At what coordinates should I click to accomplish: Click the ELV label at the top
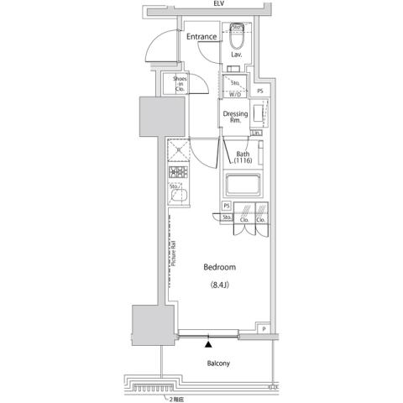pyautogui.click(x=218, y=4)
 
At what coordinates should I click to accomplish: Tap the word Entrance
pyautogui.click(x=202, y=37)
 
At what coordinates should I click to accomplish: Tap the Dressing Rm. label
pyautogui.click(x=235, y=117)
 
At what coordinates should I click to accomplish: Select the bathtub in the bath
pyautogui.click(x=243, y=184)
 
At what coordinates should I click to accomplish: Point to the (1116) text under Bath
pyautogui.click(x=243, y=160)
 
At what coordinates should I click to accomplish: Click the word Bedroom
pyautogui.click(x=220, y=267)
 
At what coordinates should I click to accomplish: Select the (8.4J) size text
pyautogui.click(x=220, y=285)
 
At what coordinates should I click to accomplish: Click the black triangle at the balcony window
pyautogui.click(x=208, y=342)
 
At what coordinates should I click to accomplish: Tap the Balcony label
pyautogui.click(x=218, y=364)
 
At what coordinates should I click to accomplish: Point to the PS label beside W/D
pyautogui.click(x=260, y=91)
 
